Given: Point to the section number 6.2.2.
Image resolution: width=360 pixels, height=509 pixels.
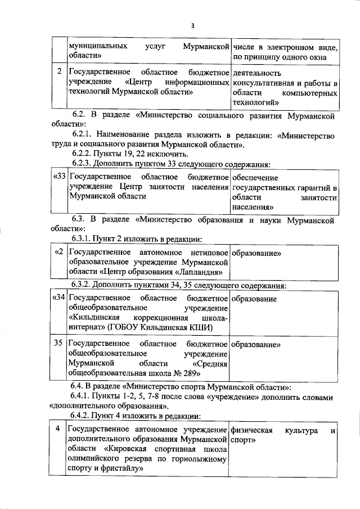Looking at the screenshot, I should (x=84, y=154).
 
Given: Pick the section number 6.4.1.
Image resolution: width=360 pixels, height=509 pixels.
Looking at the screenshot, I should (x=84, y=398).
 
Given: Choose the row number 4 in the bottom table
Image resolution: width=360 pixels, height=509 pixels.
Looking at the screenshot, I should (x=58, y=430).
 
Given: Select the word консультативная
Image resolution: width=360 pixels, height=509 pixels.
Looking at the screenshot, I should (x=262, y=82).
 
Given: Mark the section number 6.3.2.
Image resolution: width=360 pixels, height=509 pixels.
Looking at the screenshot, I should (x=84, y=285).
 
